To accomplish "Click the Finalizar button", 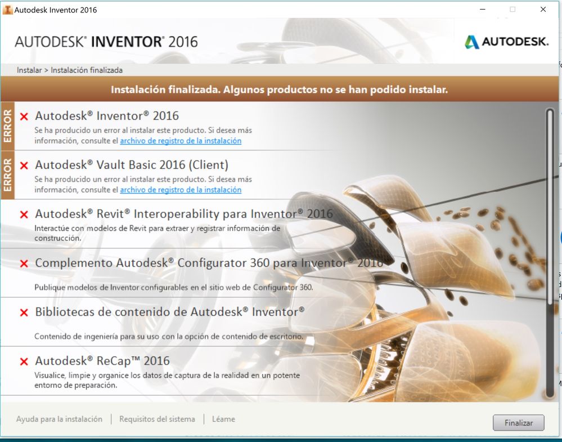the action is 518,423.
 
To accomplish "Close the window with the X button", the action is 543,10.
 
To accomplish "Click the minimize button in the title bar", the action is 483,10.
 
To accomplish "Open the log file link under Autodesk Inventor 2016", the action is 181,141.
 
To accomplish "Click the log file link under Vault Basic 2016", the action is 181,189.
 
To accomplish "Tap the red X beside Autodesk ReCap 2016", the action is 24,361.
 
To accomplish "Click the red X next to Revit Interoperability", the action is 24,215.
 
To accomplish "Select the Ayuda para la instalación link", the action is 59,419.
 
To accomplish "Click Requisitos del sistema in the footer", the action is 157,419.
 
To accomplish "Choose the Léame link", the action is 224,419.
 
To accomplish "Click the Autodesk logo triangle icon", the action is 471,42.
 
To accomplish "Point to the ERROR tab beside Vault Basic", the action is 7,175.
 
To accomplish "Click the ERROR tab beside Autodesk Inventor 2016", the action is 7,126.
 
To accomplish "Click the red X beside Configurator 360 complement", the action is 24,264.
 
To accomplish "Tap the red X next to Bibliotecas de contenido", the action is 24,312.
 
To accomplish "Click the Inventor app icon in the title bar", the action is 7,10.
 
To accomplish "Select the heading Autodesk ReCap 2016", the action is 102,360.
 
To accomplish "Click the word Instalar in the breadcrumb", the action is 29,70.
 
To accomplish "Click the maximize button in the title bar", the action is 512,10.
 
